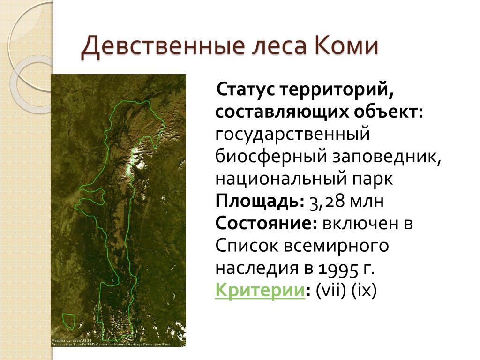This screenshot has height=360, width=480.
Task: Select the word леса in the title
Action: coord(279,46)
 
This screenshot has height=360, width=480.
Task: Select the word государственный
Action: coord(292,135)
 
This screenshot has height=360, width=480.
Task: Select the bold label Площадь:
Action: coord(260,202)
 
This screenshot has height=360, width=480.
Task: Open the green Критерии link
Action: coord(260,290)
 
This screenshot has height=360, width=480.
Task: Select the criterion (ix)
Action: coord(364,290)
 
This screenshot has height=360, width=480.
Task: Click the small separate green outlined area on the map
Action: coord(68,321)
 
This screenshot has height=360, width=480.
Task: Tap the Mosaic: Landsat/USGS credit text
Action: coord(72,340)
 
